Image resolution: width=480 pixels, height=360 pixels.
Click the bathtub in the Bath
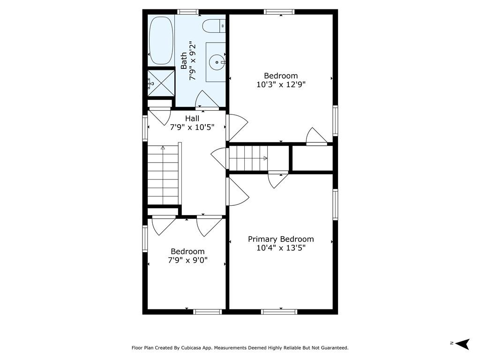pyautogui.click(x=161, y=40)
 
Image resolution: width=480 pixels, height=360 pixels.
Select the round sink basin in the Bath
pyautogui.click(x=217, y=62)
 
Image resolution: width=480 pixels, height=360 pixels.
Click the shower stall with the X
pyautogui.click(x=161, y=83)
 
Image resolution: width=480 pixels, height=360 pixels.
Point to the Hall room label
pyautogui.click(x=192, y=119)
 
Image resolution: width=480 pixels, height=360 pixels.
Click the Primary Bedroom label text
pyautogui.click(x=281, y=239)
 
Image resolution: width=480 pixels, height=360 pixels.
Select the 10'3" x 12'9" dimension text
pyautogui.click(x=281, y=84)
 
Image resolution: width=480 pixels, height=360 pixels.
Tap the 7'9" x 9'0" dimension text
pyautogui.click(x=187, y=260)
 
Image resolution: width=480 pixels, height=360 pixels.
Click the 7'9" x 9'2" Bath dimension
pyautogui.click(x=192, y=60)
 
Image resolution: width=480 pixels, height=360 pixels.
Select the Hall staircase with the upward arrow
pyautogui.click(x=163, y=175)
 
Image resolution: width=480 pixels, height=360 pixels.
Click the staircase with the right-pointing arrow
pyautogui.click(x=248, y=158)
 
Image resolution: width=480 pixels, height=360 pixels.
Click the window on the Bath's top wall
pyautogui.click(x=187, y=12)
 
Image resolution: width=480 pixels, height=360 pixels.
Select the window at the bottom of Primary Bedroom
pyautogui.click(x=279, y=312)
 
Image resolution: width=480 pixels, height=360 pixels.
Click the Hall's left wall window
pyautogui.click(x=145, y=128)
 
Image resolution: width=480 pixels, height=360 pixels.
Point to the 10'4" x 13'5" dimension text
pyautogui.click(x=281, y=247)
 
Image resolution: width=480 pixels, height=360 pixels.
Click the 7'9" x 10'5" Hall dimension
pyautogui.click(x=192, y=127)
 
